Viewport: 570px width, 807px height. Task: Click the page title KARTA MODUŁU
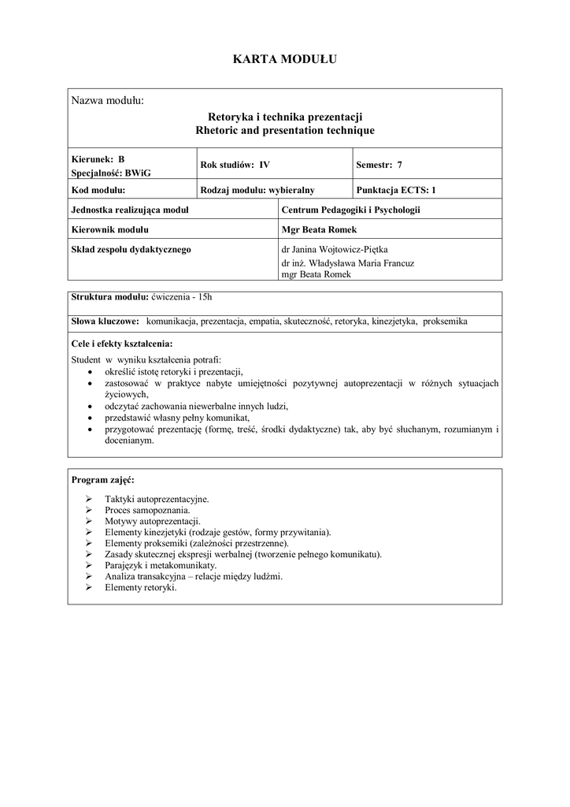284,59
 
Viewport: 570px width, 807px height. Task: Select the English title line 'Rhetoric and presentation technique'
284,130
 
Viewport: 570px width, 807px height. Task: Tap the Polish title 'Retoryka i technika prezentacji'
284,117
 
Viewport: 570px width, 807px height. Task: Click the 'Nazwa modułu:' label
108,101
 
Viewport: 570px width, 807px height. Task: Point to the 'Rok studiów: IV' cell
235,165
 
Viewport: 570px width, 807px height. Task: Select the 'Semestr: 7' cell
379,165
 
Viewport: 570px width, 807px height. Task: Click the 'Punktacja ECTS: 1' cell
395,190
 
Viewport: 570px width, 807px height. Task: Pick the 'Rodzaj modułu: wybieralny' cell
257,190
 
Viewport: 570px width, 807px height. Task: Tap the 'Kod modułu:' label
99,190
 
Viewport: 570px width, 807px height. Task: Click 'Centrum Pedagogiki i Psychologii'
351,210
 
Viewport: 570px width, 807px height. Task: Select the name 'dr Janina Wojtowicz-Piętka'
341,250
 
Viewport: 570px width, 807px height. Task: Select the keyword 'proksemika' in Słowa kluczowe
445,322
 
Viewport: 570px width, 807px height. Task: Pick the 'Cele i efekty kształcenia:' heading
122,344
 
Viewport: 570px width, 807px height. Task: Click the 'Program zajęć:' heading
102,479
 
